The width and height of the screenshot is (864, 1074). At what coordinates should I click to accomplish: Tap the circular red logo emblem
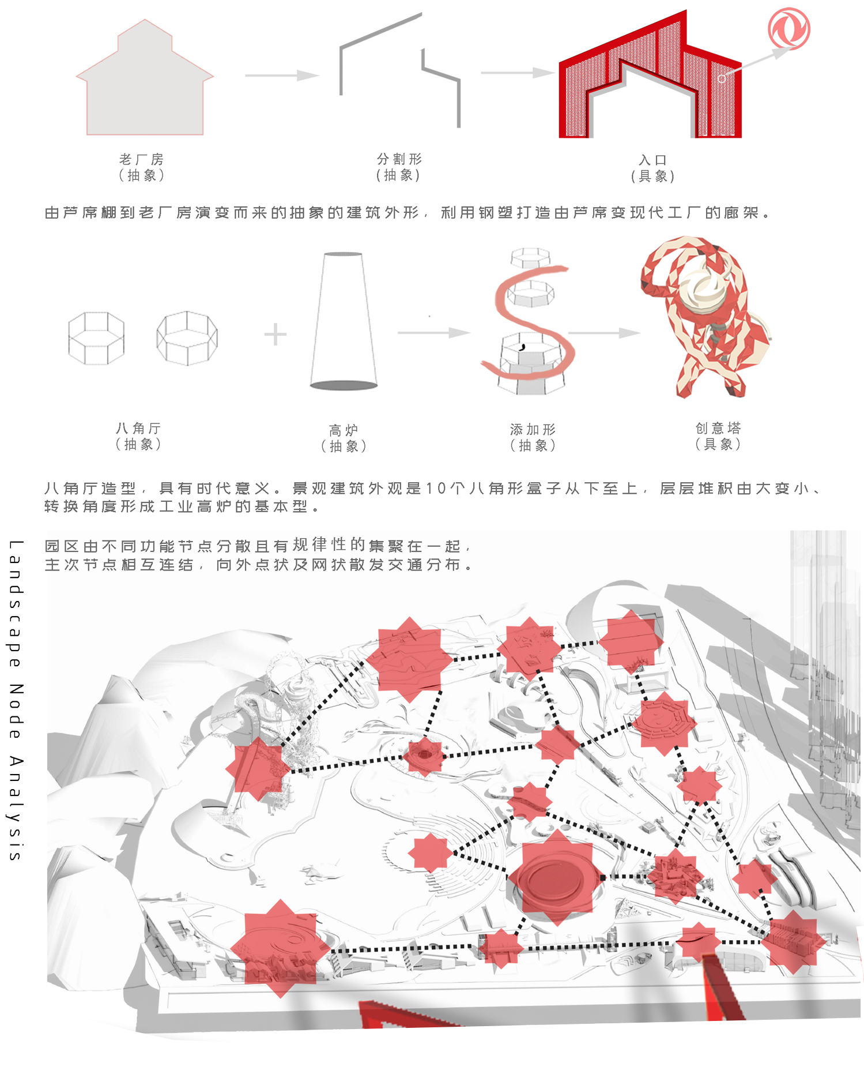pos(789,29)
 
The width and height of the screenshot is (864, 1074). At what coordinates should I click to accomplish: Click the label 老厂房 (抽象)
pos(142,167)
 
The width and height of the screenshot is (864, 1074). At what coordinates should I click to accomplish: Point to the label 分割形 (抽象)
pos(399,167)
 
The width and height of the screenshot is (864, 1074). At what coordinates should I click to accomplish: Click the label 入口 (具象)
pos(652,168)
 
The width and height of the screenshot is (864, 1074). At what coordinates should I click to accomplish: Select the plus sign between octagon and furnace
pos(276,335)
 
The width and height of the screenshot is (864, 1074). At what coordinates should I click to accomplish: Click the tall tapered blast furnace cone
pos(344,321)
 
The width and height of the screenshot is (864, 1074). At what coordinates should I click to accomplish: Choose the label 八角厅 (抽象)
pos(138,436)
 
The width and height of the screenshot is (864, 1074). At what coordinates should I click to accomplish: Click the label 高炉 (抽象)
pos(344,438)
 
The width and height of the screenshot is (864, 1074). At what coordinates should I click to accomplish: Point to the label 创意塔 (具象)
pos(718,436)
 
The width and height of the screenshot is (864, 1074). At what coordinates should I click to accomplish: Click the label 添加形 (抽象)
pos(533,437)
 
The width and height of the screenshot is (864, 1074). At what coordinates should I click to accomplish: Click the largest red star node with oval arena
pos(557,878)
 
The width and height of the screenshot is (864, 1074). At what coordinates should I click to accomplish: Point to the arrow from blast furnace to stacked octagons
pos(434,333)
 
